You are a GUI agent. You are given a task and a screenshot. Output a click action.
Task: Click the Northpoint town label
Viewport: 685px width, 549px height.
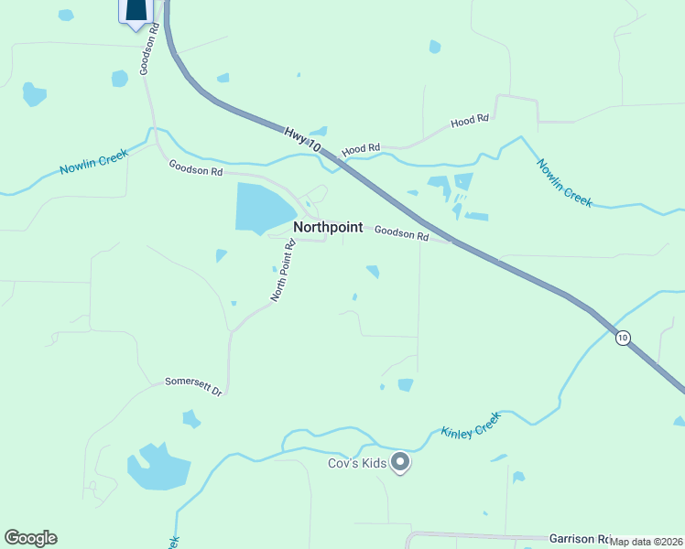pos(328,227)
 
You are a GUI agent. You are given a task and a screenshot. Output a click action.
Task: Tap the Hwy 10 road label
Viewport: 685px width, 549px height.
pos(301,140)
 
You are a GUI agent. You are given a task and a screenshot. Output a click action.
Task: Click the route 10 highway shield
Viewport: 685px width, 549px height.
pos(623,338)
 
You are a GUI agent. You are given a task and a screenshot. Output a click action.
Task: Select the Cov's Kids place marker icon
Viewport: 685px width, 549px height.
pos(399,463)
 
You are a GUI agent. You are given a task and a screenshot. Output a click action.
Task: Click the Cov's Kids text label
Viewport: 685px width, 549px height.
pos(358,463)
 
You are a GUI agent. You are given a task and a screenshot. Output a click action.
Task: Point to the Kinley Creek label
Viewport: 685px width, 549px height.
pos(471,424)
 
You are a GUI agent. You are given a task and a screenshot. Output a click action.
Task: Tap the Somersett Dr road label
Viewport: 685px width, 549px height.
pos(193,386)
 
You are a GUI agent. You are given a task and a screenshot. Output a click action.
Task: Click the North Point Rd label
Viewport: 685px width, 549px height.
pos(284,271)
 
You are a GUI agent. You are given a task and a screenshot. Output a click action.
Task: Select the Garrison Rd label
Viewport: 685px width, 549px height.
pos(580,539)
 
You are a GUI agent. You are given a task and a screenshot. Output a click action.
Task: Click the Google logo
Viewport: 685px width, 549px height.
pos(30,538)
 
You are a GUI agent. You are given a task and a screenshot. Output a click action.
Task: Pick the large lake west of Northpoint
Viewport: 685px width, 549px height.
pos(264,207)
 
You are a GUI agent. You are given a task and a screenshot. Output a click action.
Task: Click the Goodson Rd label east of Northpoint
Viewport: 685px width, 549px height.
pos(401,234)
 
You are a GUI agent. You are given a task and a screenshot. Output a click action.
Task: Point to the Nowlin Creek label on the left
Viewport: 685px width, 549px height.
pos(94,163)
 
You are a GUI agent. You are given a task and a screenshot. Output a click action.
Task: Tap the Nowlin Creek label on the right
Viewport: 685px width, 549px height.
pos(564,182)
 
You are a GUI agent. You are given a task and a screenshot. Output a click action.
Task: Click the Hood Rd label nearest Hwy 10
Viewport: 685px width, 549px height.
pos(361,149)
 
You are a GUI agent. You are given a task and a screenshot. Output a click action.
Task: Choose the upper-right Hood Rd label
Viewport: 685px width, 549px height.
pos(470,121)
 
